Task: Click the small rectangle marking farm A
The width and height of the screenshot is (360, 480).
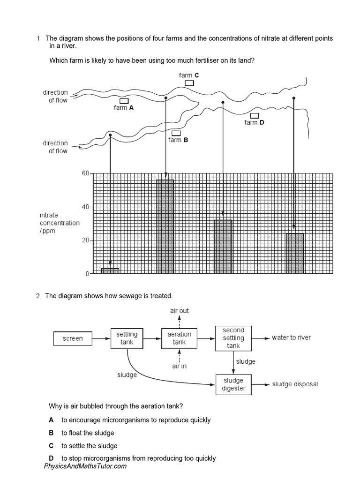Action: (124, 101)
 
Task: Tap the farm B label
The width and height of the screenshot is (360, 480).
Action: (178, 140)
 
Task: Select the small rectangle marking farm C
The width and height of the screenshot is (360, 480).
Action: (189, 83)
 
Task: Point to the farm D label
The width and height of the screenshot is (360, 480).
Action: (254, 122)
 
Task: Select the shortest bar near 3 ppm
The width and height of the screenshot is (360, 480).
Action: (110, 270)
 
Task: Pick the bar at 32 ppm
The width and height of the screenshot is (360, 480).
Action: (223, 247)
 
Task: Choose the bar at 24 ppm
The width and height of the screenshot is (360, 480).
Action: (295, 253)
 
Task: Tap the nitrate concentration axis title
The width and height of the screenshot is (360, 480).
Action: (60, 223)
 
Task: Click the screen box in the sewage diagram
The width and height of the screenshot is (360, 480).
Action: (73, 338)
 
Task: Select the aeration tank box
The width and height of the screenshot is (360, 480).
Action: (180, 338)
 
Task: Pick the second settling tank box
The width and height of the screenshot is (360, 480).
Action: (233, 338)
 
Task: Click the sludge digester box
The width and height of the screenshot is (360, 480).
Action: (233, 384)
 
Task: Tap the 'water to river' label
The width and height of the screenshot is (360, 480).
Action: (291, 337)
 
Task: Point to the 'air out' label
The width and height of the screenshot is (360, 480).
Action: (180, 311)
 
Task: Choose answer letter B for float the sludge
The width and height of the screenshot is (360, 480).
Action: (51, 433)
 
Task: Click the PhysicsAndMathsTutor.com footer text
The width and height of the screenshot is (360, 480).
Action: (85, 466)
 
